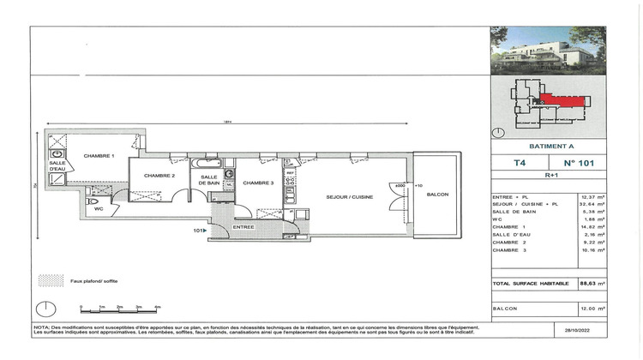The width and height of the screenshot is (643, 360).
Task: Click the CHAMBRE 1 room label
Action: click(x=99, y=156)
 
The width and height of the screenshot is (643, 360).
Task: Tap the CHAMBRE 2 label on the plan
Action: click(x=159, y=176)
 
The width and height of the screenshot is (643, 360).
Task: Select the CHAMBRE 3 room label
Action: click(x=258, y=183)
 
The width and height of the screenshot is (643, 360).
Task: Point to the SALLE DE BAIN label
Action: click(x=211, y=179)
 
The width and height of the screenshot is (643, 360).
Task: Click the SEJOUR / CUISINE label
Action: click(x=348, y=196)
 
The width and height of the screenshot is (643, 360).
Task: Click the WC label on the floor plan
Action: click(x=99, y=207)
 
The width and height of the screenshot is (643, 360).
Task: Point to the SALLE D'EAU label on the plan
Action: click(x=57, y=166)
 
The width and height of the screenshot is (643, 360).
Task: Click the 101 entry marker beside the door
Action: click(x=198, y=230)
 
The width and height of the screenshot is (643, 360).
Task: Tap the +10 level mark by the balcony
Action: click(x=418, y=185)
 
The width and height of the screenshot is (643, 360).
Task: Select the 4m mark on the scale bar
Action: click(x=157, y=306)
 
